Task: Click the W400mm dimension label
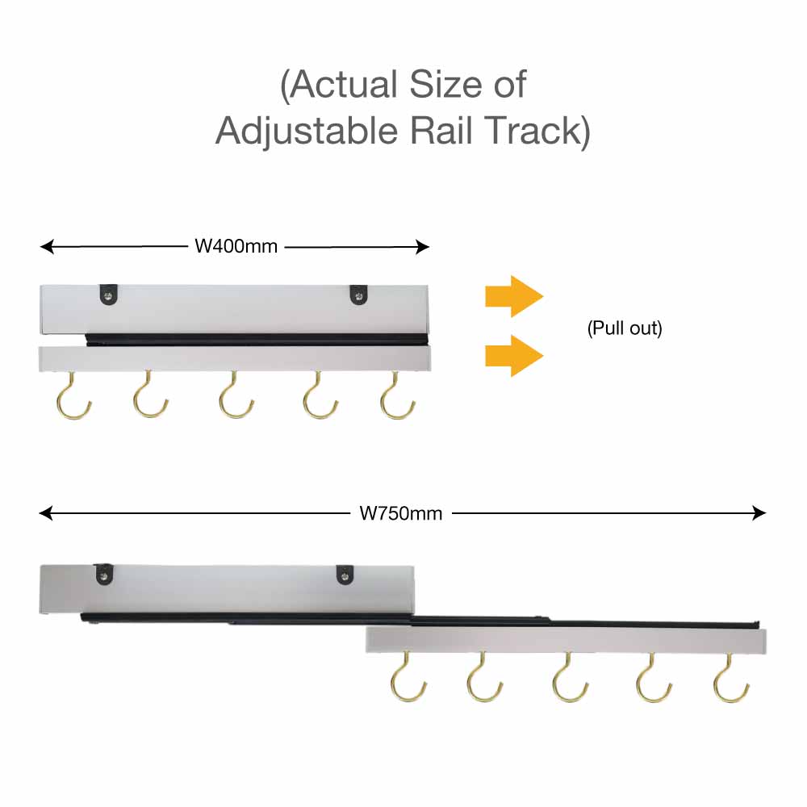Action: click(236, 246)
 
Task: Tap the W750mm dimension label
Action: click(401, 513)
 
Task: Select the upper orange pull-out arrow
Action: click(514, 296)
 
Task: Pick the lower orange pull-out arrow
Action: click(514, 356)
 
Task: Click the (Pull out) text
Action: click(625, 328)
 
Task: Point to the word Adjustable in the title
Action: click(307, 132)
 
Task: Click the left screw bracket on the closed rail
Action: click(109, 295)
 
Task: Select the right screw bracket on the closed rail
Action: click(359, 295)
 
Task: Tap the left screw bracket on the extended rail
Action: click(105, 575)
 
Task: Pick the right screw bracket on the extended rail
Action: click(345, 575)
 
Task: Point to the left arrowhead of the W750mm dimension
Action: click(46, 513)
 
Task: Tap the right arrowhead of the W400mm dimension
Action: click(423, 247)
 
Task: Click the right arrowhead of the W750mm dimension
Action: click(759, 513)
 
